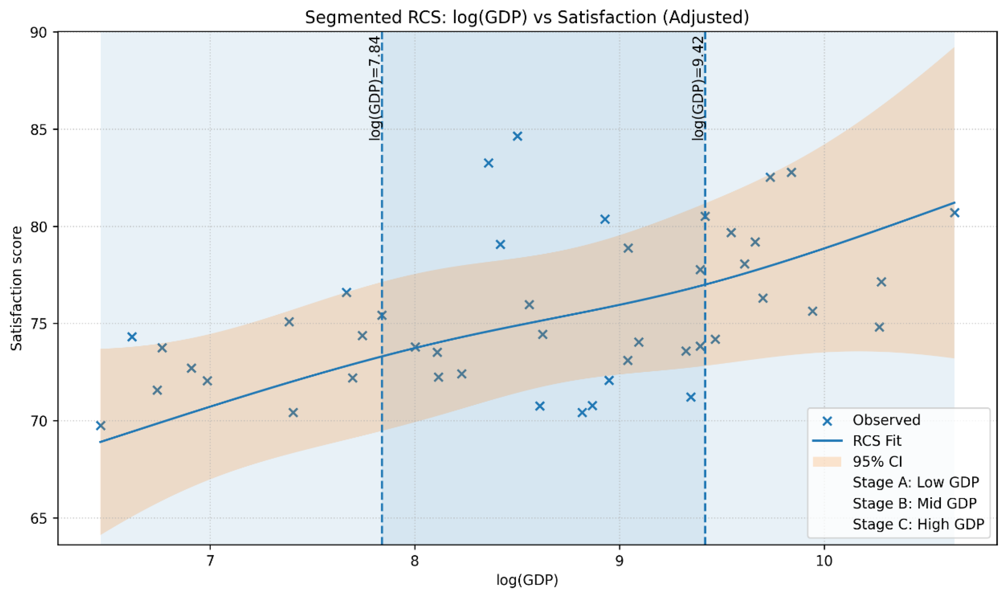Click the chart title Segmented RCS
(527, 18)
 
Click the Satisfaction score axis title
(16, 288)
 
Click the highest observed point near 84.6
(517, 136)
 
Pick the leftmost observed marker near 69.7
(101, 426)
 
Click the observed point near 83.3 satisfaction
(489, 163)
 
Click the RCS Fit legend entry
(877, 441)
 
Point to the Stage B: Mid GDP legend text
(914, 503)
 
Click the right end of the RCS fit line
(953, 203)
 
